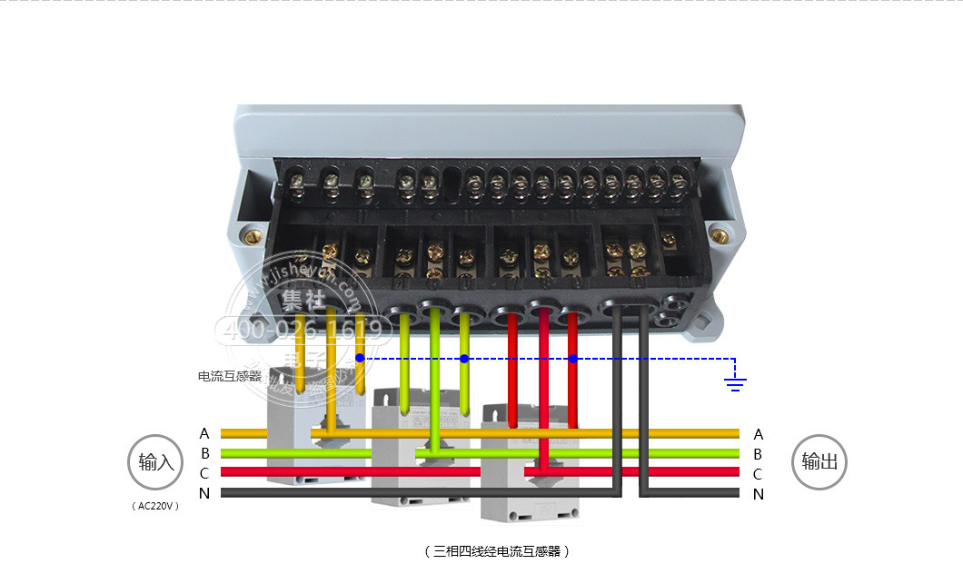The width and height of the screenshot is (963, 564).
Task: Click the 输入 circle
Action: tap(156, 462)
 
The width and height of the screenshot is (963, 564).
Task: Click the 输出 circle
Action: tap(819, 462)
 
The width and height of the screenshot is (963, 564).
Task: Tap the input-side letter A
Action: tap(204, 434)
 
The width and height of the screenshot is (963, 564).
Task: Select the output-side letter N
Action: tap(759, 495)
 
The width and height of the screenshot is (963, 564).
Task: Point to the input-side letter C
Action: tap(204, 474)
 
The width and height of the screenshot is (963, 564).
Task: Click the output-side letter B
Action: tap(759, 454)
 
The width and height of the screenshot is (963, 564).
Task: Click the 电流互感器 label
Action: tap(230, 376)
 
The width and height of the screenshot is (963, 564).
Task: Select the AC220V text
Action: tap(156, 507)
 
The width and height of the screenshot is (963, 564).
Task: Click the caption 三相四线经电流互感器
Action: tap(497, 551)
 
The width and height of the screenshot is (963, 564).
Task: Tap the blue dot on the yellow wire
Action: tap(360, 359)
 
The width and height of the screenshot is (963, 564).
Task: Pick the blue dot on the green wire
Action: tap(464, 359)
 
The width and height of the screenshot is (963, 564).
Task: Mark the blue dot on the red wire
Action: tap(573, 359)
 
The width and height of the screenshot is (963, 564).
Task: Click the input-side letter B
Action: tap(204, 454)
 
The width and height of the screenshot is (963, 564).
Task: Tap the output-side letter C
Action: tap(759, 474)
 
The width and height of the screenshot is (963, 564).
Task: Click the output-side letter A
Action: tap(759, 434)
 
